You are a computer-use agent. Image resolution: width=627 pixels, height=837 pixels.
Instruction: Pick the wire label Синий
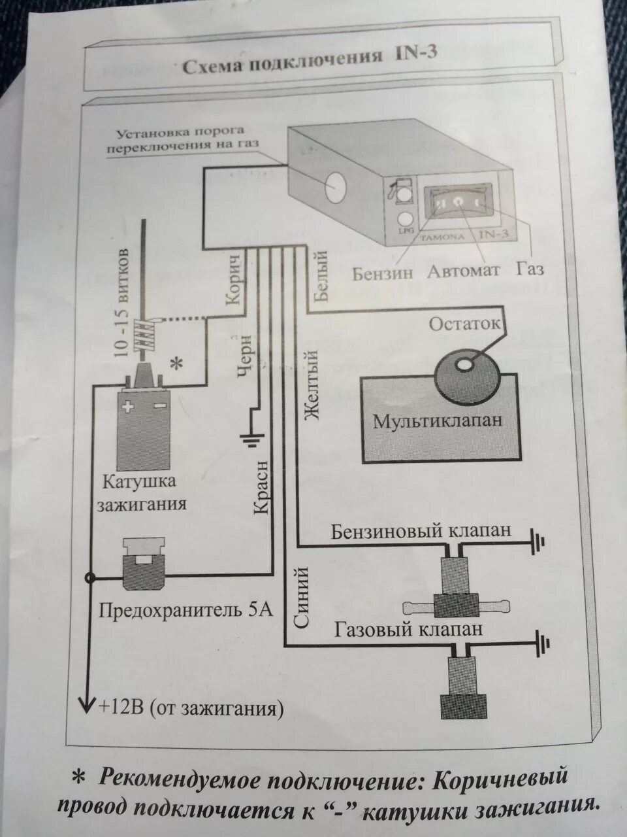[x=300, y=598]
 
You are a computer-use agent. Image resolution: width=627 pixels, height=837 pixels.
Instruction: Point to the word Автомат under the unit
[x=464, y=271]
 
